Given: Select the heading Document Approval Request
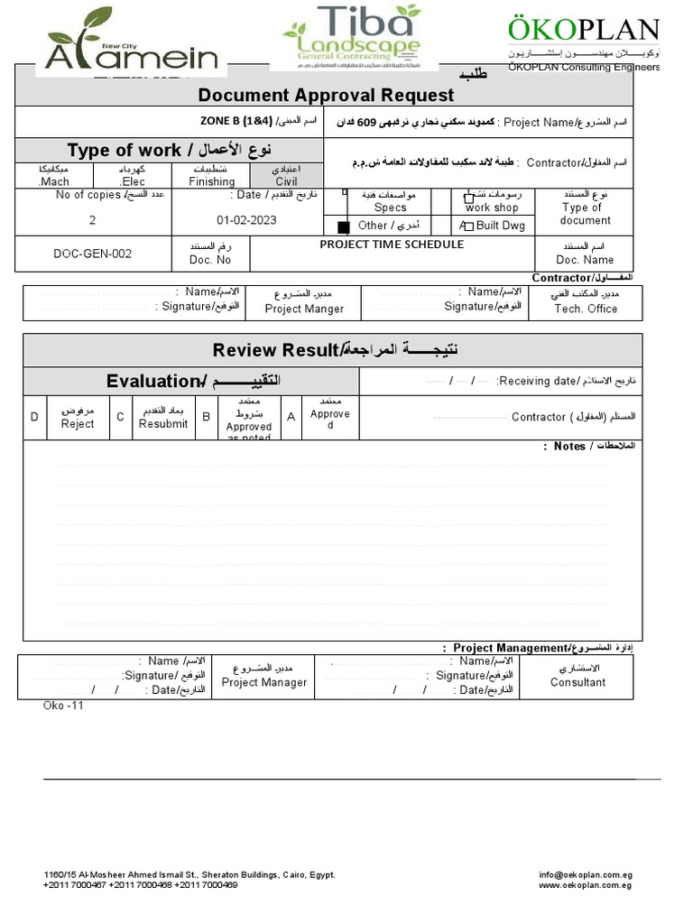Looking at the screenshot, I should [x=326, y=96].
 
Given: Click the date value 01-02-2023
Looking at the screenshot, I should [x=246, y=220].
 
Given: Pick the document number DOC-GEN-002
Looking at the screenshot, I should [x=93, y=254].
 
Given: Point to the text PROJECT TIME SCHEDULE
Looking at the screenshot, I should [x=392, y=245].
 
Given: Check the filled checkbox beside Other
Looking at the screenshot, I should [x=343, y=226].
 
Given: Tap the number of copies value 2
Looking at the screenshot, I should [x=92, y=220].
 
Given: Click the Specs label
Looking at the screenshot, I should [x=391, y=208].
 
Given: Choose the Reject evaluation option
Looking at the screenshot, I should [x=78, y=423].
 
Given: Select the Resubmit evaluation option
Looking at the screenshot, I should [x=163, y=423].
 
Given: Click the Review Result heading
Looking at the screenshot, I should [x=277, y=349].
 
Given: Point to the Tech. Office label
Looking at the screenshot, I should [x=586, y=309].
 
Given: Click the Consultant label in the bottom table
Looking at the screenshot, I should [x=577, y=682].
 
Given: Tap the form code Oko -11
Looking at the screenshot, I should [x=63, y=706].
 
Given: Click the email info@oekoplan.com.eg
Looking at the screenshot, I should [x=586, y=874].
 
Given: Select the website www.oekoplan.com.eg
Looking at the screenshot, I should [x=585, y=885].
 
